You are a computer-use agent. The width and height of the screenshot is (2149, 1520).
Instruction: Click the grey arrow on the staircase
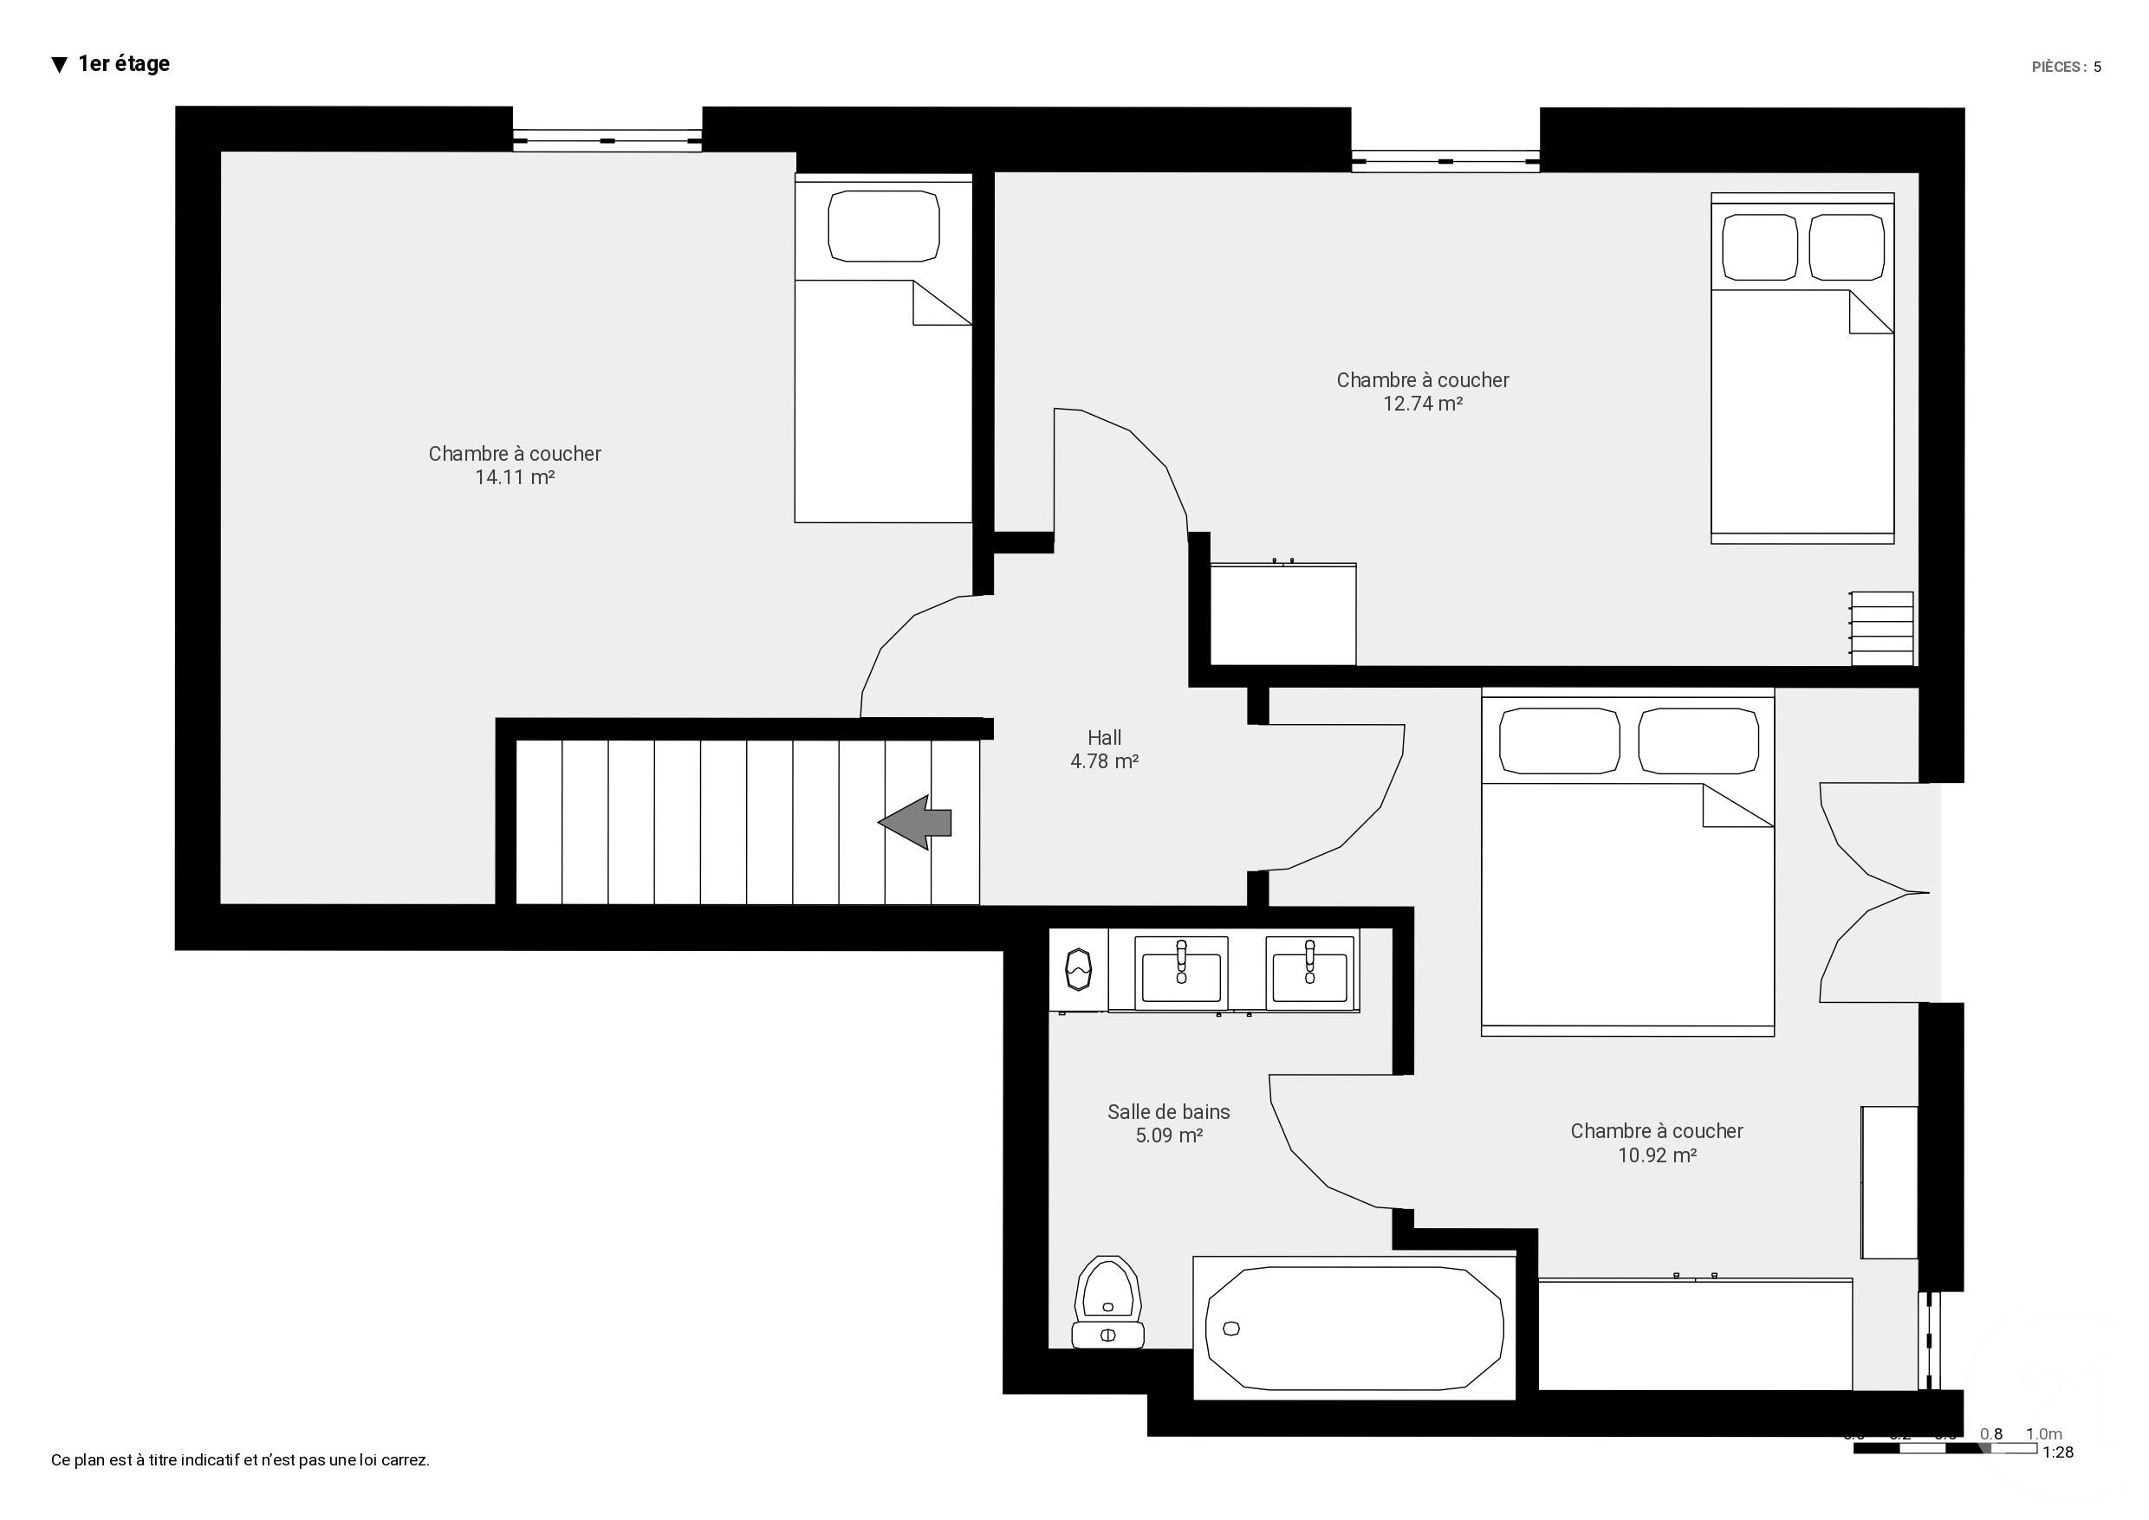click(x=915, y=822)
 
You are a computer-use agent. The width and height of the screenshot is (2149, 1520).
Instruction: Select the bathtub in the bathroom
click(x=1354, y=1327)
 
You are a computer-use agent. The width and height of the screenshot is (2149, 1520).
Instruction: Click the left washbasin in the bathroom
click(x=1181, y=974)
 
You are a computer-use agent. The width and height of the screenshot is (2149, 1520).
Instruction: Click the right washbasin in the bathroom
click(x=1309, y=974)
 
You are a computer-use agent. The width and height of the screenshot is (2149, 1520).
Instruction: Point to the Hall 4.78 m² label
click(x=1104, y=749)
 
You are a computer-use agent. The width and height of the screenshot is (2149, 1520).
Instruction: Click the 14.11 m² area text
click(x=514, y=477)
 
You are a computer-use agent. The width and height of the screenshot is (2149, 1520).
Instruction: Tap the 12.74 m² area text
click(x=1422, y=404)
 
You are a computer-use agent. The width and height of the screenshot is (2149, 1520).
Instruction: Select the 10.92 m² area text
click(x=1657, y=1155)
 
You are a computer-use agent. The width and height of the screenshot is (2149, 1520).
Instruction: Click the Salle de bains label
click(x=1168, y=1112)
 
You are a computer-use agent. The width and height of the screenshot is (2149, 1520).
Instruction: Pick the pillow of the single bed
click(x=883, y=227)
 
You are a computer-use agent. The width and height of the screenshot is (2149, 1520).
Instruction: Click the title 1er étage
click(x=124, y=63)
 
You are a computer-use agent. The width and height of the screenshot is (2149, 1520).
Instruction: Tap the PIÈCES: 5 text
click(x=2066, y=67)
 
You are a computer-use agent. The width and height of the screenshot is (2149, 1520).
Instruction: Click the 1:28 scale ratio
click(x=2057, y=1452)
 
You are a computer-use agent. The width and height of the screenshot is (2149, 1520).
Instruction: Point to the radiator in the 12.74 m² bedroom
click(x=1882, y=628)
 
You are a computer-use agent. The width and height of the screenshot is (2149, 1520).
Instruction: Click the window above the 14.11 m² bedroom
click(x=607, y=140)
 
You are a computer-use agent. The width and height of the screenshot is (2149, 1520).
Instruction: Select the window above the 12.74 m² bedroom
click(x=1445, y=162)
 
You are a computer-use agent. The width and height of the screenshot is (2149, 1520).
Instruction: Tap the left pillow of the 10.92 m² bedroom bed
click(x=1559, y=741)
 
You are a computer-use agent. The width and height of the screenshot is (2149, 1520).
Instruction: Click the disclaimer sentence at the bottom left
click(x=240, y=1460)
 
